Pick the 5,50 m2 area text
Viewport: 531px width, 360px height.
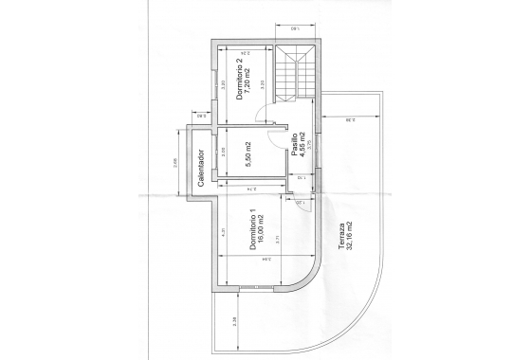(x=246, y=153)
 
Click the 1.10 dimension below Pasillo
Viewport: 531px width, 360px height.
(x=301, y=176)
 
